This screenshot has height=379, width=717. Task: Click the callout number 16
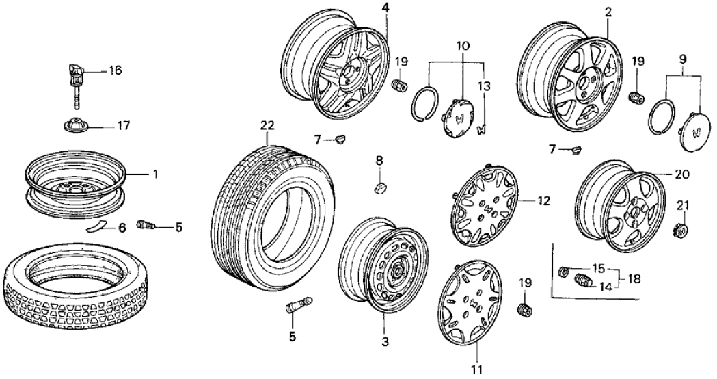coord(114,70)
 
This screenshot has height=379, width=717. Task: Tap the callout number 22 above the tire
coord(267,125)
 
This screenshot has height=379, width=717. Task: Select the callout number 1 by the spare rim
coord(155,174)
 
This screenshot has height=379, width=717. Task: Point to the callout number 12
coord(544,201)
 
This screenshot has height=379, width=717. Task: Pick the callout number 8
coord(380,161)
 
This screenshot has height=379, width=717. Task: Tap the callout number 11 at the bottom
coord(475,370)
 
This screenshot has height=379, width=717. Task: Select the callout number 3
coord(385,341)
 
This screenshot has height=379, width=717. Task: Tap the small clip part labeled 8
coord(380,186)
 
